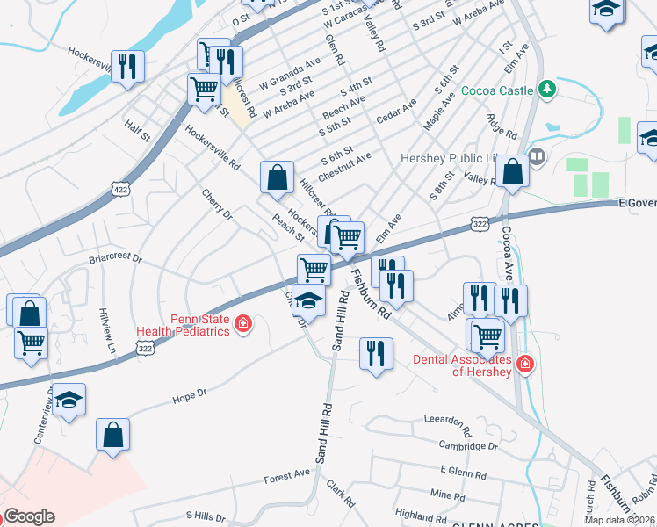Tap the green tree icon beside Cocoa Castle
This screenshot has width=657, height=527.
pyautogui.click(x=546, y=89)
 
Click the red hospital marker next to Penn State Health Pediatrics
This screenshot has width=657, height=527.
pyautogui.click(x=243, y=327)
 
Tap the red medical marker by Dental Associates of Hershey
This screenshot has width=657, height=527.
pyautogui.click(x=524, y=362)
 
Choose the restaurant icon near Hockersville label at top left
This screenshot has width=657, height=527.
pyautogui.click(x=128, y=67)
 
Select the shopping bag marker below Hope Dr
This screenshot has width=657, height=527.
pyautogui.click(x=112, y=434)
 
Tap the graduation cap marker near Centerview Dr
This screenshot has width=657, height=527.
pyautogui.click(x=69, y=401)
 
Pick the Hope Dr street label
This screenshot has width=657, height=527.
pyautogui.click(x=189, y=397)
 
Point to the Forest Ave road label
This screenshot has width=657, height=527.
pyautogui.click(x=287, y=478)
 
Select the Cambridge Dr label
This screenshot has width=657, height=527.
pyautogui.click(x=467, y=447)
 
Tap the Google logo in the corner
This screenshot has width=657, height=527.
pyautogui.click(x=29, y=516)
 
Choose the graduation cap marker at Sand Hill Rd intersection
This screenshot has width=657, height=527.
pyautogui.click(x=307, y=301)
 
